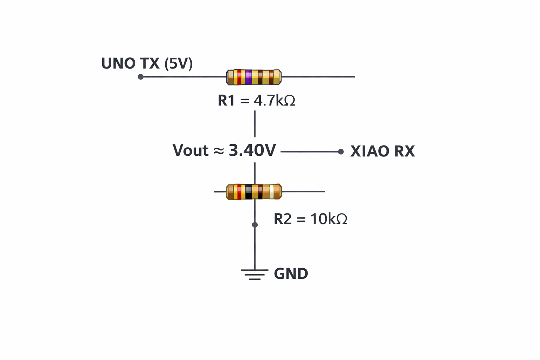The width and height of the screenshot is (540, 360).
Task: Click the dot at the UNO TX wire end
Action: pyautogui.click(x=141, y=77)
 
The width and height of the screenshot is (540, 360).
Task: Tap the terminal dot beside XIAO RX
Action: pyautogui.click(x=341, y=152)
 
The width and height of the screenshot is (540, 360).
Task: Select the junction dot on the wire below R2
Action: pyautogui.click(x=255, y=225)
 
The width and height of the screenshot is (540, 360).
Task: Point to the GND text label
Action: pyautogui.click(x=291, y=274)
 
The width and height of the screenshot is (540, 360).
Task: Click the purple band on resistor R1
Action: pyautogui.click(x=249, y=77)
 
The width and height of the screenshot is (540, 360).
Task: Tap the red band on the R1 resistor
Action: pyautogui.click(x=239, y=77)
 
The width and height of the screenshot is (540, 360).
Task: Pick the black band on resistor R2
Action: pyautogui.click(x=249, y=192)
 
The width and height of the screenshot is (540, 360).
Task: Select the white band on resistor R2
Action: pyautogui.click(x=271, y=192)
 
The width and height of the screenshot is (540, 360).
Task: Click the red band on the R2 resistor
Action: pyautogui.click(x=239, y=192)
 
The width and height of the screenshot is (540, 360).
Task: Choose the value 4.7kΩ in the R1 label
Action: pyautogui.click(x=275, y=101)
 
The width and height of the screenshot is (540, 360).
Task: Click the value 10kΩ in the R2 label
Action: pyautogui.click(x=329, y=219)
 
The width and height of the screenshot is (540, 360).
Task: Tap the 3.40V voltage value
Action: pyautogui.click(x=252, y=150)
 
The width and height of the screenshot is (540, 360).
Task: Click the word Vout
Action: pyautogui.click(x=191, y=150)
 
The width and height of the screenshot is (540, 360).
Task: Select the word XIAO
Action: pyautogui.click(x=370, y=152)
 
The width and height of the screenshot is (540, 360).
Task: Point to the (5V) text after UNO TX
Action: pyautogui.click(x=179, y=64)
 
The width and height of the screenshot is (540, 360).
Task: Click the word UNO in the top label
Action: pyautogui.click(x=118, y=64)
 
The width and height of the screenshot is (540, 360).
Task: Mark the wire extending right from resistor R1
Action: pyautogui.click(x=318, y=77)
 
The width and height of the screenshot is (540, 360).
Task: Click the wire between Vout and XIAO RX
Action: pyautogui.click(x=309, y=152)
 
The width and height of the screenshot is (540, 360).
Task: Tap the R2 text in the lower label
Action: pyautogui.click(x=283, y=219)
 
